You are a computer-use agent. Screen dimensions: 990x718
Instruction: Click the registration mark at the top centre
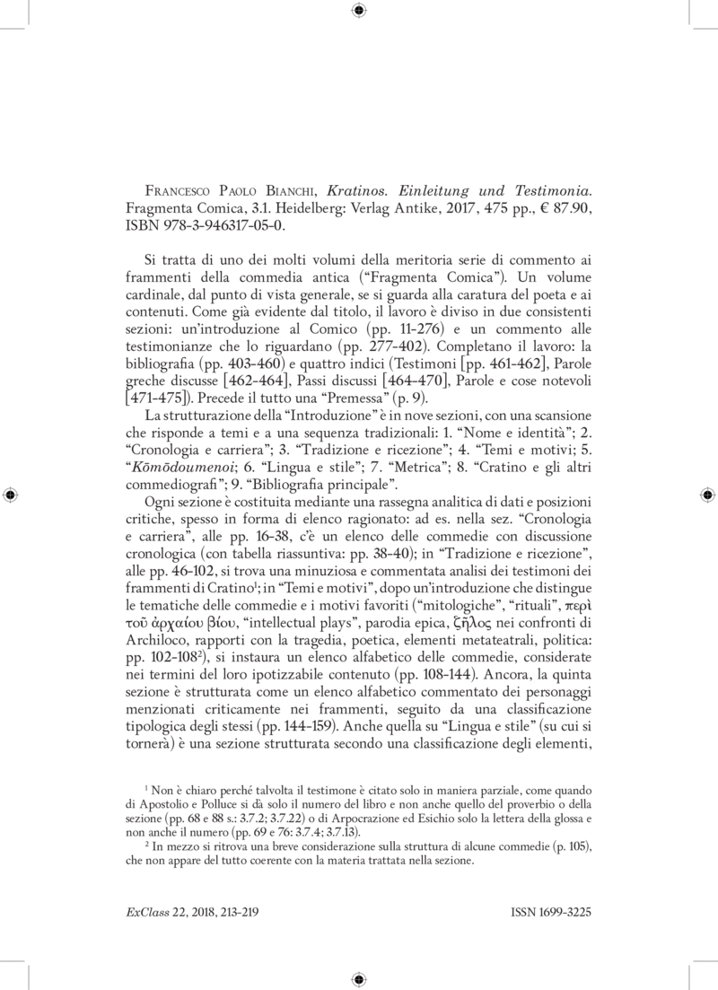(x=359, y=11)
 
